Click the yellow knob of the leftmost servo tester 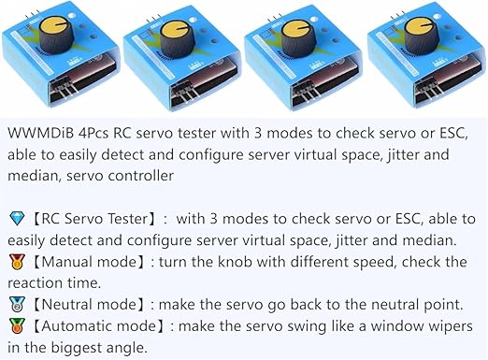pyautogui.click(x=52, y=25)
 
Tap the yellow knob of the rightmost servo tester pyautogui.click(x=417, y=27)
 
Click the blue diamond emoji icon pyautogui.click(x=17, y=218)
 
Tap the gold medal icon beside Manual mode pyautogui.click(x=17, y=262)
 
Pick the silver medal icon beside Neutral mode pyautogui.click(x=17, y=305)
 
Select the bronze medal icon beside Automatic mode pyautogui.click(x=17, y=326)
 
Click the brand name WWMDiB pyautogui.click(x=40, y=133)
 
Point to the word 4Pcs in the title pyautogui.click(x=93, y=134)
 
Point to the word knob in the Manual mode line pyautogui.click(x=235, y=262)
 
